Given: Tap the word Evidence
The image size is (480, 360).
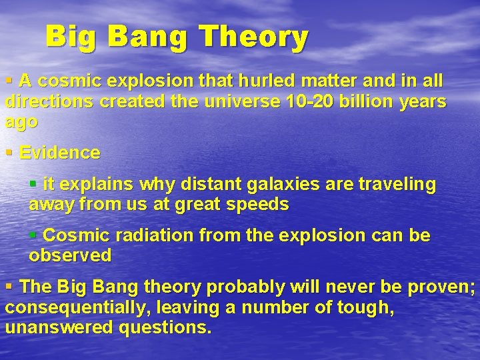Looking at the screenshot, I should [60, 153].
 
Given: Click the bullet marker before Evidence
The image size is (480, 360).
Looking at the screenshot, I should [9, 153].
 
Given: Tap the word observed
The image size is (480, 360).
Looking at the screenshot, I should [70, 255].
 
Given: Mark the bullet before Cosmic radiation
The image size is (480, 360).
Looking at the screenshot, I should [33, 235].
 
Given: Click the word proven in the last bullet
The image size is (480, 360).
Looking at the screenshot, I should [441, 287].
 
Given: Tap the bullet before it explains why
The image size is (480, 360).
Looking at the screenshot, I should [33, 184].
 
